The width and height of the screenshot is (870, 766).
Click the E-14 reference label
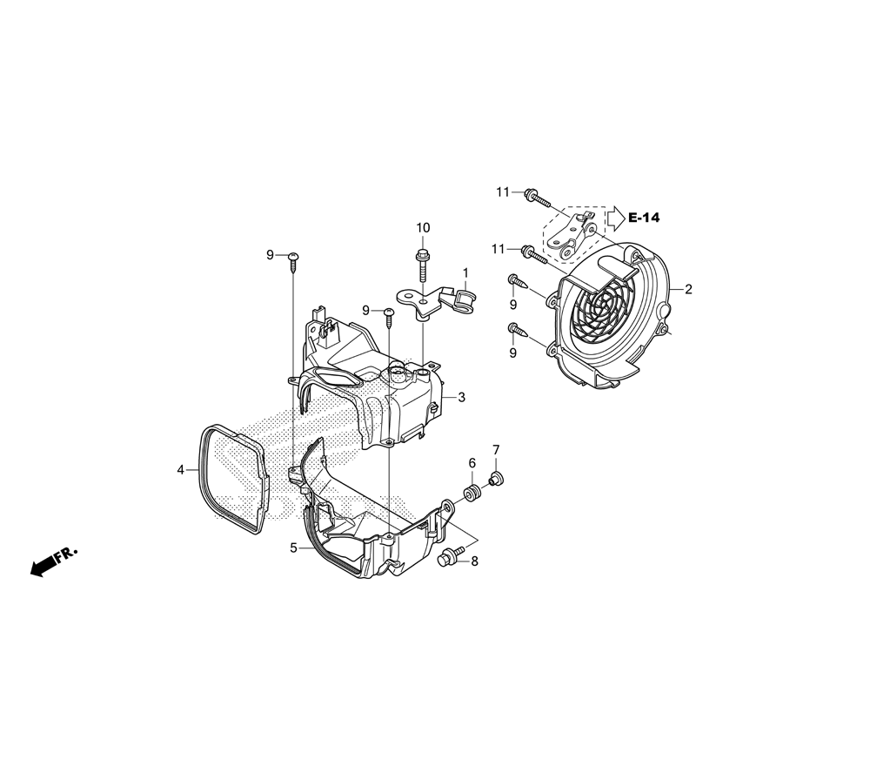tap(644, 218)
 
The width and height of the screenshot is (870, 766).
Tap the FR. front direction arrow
tap(54, 561)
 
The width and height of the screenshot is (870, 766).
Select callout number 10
tap(423, 227)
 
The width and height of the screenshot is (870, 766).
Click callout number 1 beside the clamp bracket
tap(465, 272)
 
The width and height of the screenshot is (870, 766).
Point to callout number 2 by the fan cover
tap(688, 289)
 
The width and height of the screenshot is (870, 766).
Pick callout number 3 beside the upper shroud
tap(462, 398)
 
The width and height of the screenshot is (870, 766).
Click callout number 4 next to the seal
tap(180, 470)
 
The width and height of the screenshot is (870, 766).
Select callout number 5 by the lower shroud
tap(293, 548)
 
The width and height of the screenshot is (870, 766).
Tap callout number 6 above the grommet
tap(472, 463)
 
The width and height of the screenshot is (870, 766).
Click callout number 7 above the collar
tap(496, 449)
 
